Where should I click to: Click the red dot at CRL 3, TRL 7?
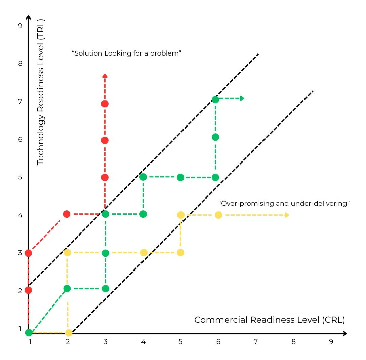click(105, 104)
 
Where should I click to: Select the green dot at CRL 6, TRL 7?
click(215, 100)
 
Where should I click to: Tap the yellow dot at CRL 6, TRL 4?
click(218, 215)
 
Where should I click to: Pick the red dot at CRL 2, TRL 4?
click(67, 214)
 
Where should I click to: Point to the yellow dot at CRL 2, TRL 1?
click(69, 333)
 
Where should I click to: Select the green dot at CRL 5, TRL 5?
click(180, 177)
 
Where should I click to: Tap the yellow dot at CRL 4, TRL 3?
click(144, 253)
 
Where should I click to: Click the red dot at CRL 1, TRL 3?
click(29, 253)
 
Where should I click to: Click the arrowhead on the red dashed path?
click(105, 76)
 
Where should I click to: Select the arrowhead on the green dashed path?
click(242, 98)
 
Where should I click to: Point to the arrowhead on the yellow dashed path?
click(287, 215)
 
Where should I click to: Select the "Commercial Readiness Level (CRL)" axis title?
click(270, 320)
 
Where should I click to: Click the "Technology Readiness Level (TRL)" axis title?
click(41, 92)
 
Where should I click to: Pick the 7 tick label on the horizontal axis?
click(256, 342)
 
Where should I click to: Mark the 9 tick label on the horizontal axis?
click(331, 342)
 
